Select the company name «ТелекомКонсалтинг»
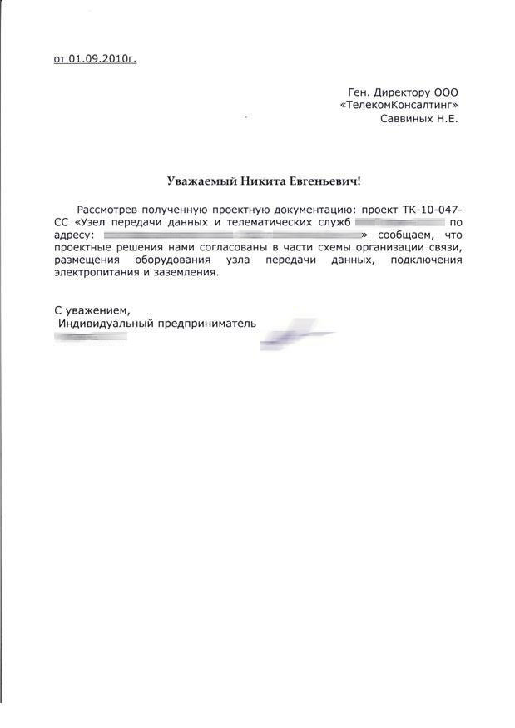point(399,105)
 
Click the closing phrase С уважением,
point(92,310)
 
